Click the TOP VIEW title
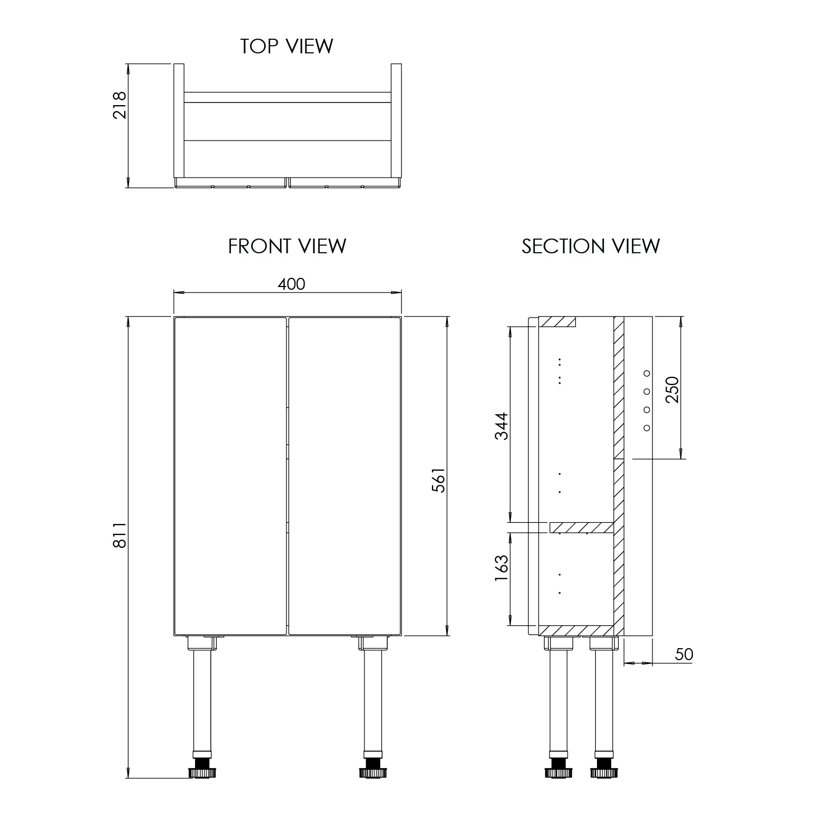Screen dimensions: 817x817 pos(286,46)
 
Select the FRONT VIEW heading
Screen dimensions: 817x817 pos(287,246)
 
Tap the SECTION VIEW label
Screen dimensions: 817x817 pos(590,246)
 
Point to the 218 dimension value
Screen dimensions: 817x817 pos(119,105)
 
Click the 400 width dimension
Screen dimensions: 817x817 pos(291,284)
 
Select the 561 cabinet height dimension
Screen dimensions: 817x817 pos(438,480)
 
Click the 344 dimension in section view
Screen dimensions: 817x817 pos(501,426)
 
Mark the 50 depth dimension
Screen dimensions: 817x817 pos(684,654)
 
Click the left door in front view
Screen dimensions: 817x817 pos(230,477)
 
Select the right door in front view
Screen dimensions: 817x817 pos(344,477)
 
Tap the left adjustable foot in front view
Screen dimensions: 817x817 pos(203,772)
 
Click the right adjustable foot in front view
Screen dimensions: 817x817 pos(373,772)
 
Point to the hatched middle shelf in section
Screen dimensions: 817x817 pos(582,527)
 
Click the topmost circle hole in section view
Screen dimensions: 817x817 pos(647,373)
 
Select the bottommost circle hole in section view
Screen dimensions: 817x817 pos(647,428)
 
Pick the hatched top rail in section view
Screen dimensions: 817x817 pos(557,321)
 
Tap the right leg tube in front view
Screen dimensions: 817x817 pos(373,703)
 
